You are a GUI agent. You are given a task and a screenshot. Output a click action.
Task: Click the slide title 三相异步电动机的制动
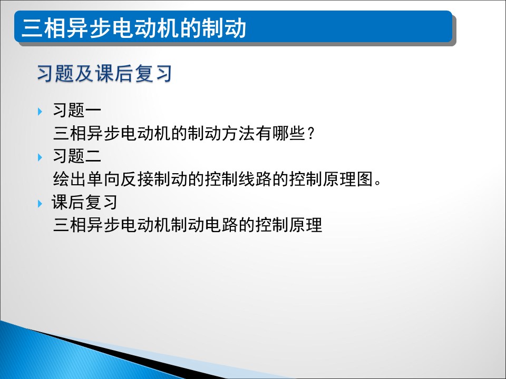click(133, 28)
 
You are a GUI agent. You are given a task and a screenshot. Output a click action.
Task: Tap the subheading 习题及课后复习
click(104, 74)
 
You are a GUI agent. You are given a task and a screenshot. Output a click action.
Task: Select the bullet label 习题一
click(77, 110)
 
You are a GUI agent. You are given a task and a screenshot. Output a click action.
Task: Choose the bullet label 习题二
click(77, 156)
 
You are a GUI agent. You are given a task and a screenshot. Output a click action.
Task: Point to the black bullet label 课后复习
click(84, 202)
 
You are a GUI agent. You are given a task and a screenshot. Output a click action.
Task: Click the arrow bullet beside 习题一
click(40, 112)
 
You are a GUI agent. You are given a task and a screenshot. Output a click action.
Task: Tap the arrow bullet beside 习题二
click(40, 157)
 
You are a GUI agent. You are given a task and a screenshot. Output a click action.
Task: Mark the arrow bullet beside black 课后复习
click(40, 203)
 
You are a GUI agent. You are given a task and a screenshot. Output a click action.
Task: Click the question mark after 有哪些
click(311, 133)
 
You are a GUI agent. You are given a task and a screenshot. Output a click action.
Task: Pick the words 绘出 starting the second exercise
click(70, 179)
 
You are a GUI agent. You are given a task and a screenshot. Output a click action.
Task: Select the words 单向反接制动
click(137, 179)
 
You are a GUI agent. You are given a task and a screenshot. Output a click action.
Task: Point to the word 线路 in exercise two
click(255, 179)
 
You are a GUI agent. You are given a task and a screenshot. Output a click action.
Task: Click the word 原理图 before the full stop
click(348, 179)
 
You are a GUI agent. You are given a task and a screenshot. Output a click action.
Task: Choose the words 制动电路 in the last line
click(205, 225)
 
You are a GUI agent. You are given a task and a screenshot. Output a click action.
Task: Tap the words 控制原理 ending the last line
click(289, 225)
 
